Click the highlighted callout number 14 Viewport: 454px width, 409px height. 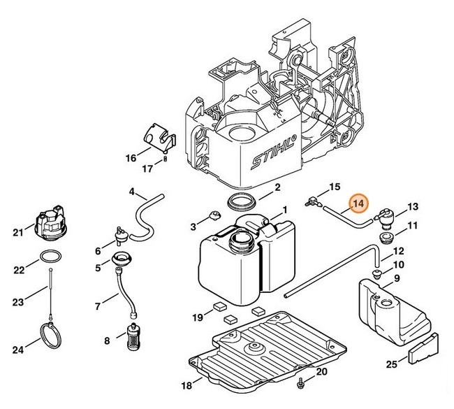[x=359, y=204]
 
